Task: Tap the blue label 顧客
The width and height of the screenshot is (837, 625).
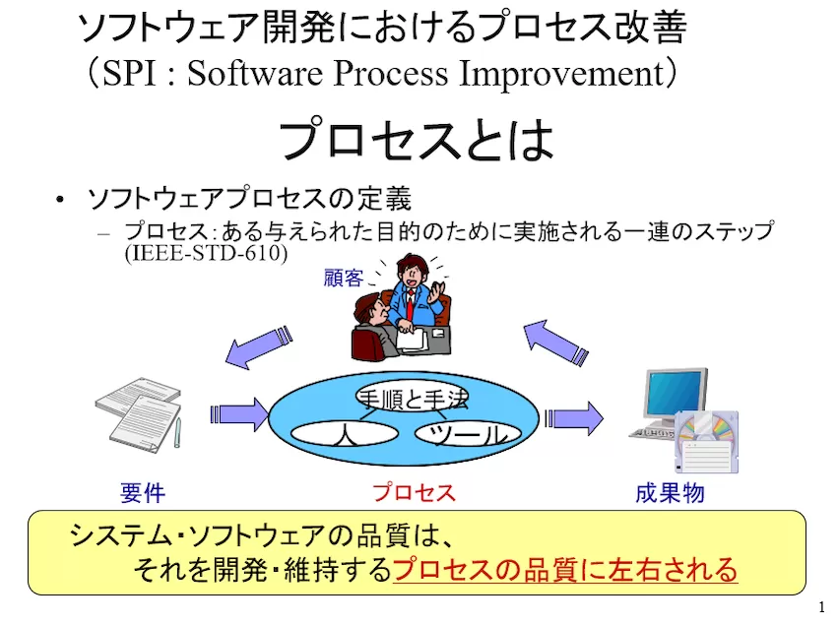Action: (344, 279)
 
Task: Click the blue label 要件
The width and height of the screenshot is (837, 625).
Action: (143, 493)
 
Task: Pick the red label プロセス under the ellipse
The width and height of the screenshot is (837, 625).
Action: (414, 493)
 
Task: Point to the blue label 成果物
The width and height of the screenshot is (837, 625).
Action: (670, 493)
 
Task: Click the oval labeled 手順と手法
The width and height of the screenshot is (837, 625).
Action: (412, 398)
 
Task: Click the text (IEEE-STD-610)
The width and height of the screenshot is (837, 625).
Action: (206, 253)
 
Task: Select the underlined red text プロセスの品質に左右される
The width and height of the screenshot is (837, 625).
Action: (565, 569)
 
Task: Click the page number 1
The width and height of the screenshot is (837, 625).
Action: (821, 607)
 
